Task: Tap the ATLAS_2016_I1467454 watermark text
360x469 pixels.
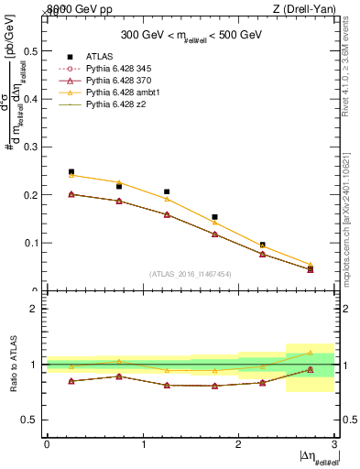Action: (190, 273)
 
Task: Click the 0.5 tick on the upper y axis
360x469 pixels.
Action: (32, 50)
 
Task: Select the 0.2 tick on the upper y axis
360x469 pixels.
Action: (32, 195)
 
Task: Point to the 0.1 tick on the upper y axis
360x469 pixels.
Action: (32, 244)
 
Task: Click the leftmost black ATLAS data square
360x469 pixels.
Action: (71, 171)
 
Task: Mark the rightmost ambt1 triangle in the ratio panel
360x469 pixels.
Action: (310, 353)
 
